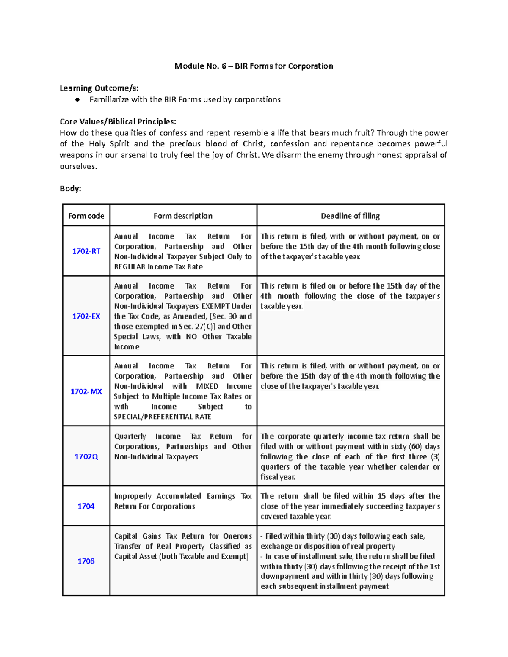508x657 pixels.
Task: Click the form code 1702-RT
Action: click(x=86, y=251)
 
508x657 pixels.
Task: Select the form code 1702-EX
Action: click(x=86, y=316)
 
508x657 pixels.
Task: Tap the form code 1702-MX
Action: click(x=86, y=392)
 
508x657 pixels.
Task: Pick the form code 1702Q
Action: click(x=86, y=457)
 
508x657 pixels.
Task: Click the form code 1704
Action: click(x=86, y=506)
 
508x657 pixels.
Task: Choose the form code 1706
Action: click(x=86, y=561)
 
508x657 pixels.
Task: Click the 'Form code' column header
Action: click(x=86, y=216)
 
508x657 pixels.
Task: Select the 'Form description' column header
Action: click(x=183, y=216)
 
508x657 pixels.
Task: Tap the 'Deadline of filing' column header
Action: click(x=350, y=216)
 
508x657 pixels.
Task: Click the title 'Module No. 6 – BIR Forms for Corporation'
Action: click(x=254, y=66)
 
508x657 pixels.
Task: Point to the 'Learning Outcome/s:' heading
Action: click(x=99, y=88)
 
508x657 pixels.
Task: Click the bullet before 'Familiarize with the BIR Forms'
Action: click(x=77, y=100)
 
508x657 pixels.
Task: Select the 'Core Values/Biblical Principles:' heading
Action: click(x=118, y=122)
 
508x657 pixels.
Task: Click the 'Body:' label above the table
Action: click(x=70, y=189)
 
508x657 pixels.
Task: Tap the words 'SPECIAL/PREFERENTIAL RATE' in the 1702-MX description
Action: click(x=162, y=417)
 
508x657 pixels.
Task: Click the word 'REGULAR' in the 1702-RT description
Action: click(x=130, y=267)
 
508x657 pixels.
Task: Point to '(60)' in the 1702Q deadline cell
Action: click(x=416, y=447)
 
